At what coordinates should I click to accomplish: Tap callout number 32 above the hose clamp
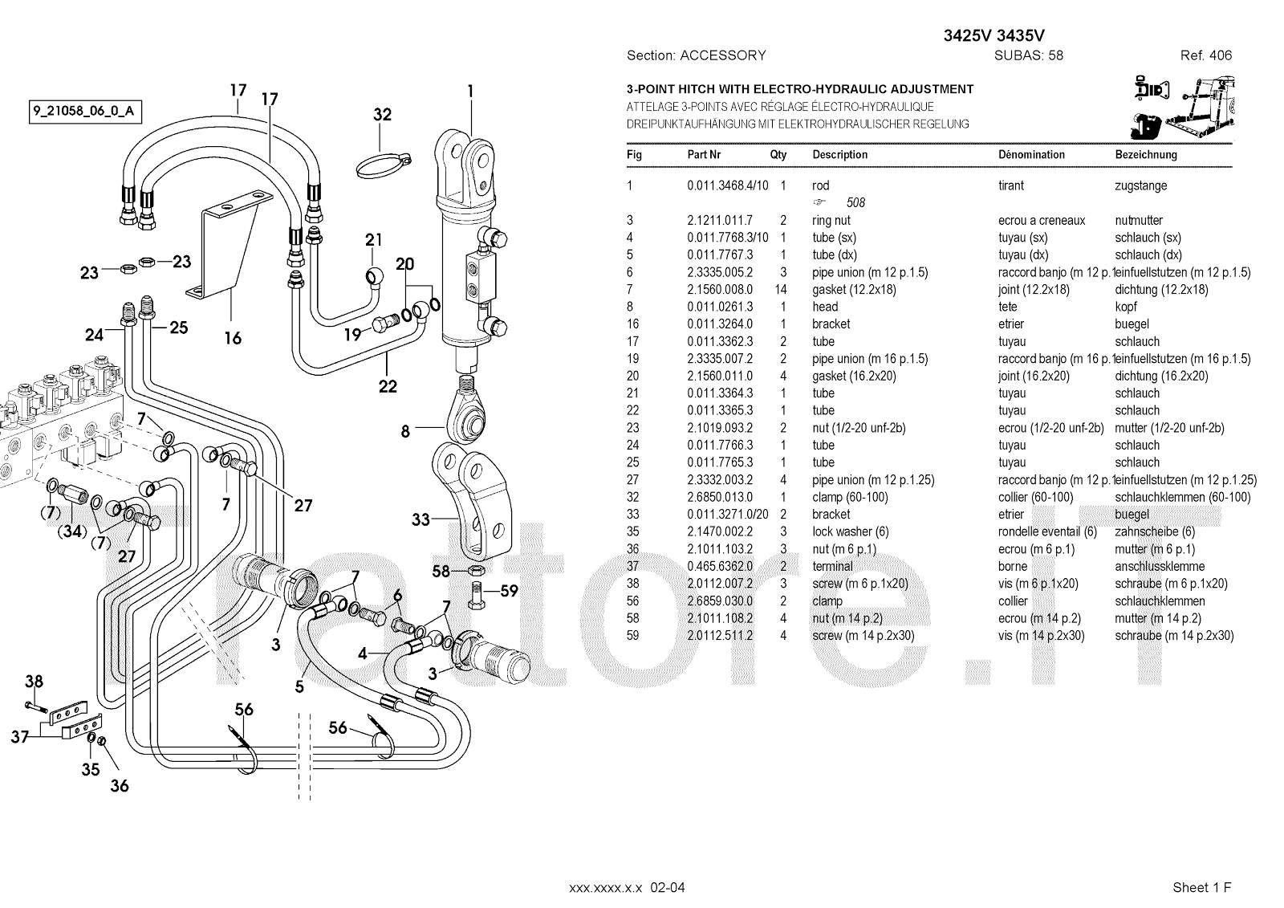coord(383,115)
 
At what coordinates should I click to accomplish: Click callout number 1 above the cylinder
coord(470,92)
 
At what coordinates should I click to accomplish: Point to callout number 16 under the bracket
coord(233,338)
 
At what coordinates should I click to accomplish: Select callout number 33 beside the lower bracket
coord(421,520)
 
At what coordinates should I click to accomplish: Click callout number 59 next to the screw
coord(510,592)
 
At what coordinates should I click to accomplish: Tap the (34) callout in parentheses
coord(73,531)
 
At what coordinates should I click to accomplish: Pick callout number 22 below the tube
coord(388,386)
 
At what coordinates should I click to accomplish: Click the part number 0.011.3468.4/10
coord(727,185)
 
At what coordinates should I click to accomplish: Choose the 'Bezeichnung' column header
coord(1146,154)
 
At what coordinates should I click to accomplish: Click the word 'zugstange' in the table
coord(1140,185)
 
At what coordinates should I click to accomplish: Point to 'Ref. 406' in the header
coord(1205,55)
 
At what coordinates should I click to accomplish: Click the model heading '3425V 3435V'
coord(993,35)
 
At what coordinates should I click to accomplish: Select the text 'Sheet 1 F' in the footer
coord(1201,887)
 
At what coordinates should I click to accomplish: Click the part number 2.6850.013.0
coord(720,497)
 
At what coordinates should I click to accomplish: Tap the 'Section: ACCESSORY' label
coord(696,55)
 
